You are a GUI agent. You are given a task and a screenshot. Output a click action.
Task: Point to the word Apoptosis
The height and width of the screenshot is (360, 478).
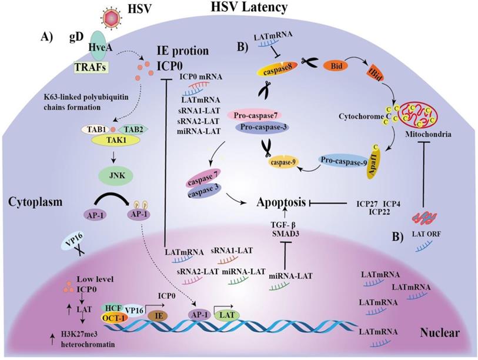click(281, 202)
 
